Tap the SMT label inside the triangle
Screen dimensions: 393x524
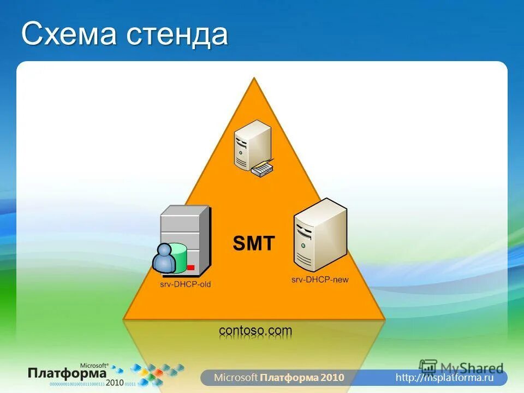point(254,243)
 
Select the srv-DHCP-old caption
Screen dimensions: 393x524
point(185,284)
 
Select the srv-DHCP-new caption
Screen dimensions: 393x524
point(320,279)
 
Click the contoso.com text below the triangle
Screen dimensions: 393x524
point(255,330)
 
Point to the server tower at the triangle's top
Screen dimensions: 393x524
point(252,144)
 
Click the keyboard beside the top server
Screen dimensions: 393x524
point(262,169)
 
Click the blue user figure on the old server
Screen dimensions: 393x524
point(163,258)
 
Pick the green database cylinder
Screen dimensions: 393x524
point(178,257)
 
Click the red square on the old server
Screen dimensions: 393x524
point(190,267)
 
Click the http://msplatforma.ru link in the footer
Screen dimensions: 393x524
point(444,377)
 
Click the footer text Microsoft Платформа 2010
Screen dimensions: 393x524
point(279,377)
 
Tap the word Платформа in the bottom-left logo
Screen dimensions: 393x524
point(67,373)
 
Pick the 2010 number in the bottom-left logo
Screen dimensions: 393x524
point(115,382)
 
